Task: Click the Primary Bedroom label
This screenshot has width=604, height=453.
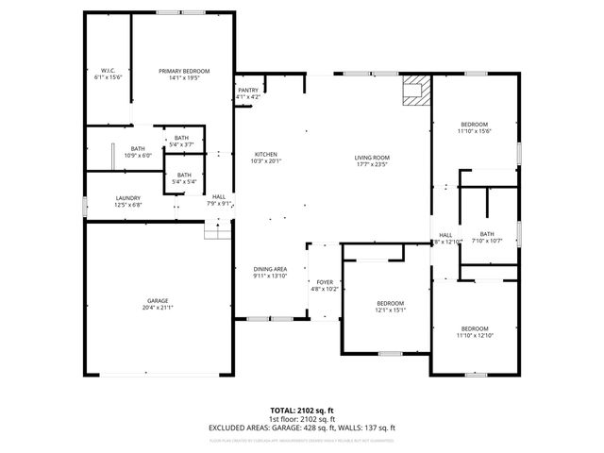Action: [184, 72]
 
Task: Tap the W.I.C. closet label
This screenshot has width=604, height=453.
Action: [108, 72]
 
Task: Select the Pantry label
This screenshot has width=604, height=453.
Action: [248, 91]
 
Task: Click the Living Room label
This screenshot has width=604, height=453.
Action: [372, 157]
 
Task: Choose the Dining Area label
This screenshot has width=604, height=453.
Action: [270, 269]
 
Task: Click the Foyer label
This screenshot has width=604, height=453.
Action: [325, 282]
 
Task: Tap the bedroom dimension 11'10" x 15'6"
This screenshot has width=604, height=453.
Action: [474, 131]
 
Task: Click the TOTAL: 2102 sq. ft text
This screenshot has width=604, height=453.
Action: [301, 410]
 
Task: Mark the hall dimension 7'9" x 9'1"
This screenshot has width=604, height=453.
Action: [219, 203]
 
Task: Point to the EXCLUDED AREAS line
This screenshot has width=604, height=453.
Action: [301, 428]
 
